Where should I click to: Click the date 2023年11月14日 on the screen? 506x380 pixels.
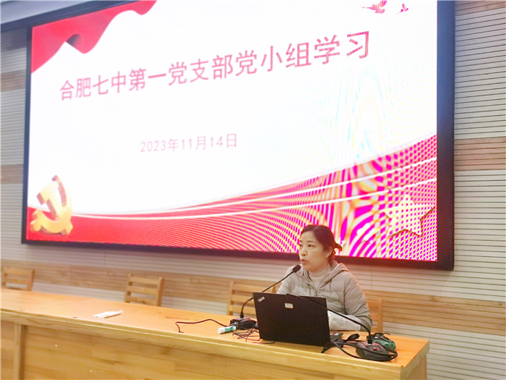click(189, 143)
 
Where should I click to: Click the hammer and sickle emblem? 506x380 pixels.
click(53, 208)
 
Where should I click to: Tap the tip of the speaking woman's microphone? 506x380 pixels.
click(296, 268)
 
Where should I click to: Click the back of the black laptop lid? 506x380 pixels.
click(291, 318)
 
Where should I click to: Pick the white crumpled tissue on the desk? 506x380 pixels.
click(107, 313)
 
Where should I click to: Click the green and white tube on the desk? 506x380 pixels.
click(227, 329)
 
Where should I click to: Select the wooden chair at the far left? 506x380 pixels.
click(17, 278)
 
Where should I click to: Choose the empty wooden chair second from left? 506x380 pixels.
click(144, 290)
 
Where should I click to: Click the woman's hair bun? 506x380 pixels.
click(336, 247)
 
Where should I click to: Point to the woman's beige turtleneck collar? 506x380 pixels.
click(319, 274)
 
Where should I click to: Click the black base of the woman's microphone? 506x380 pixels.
click(244, 323)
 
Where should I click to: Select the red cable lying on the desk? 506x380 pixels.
click(249, 334)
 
